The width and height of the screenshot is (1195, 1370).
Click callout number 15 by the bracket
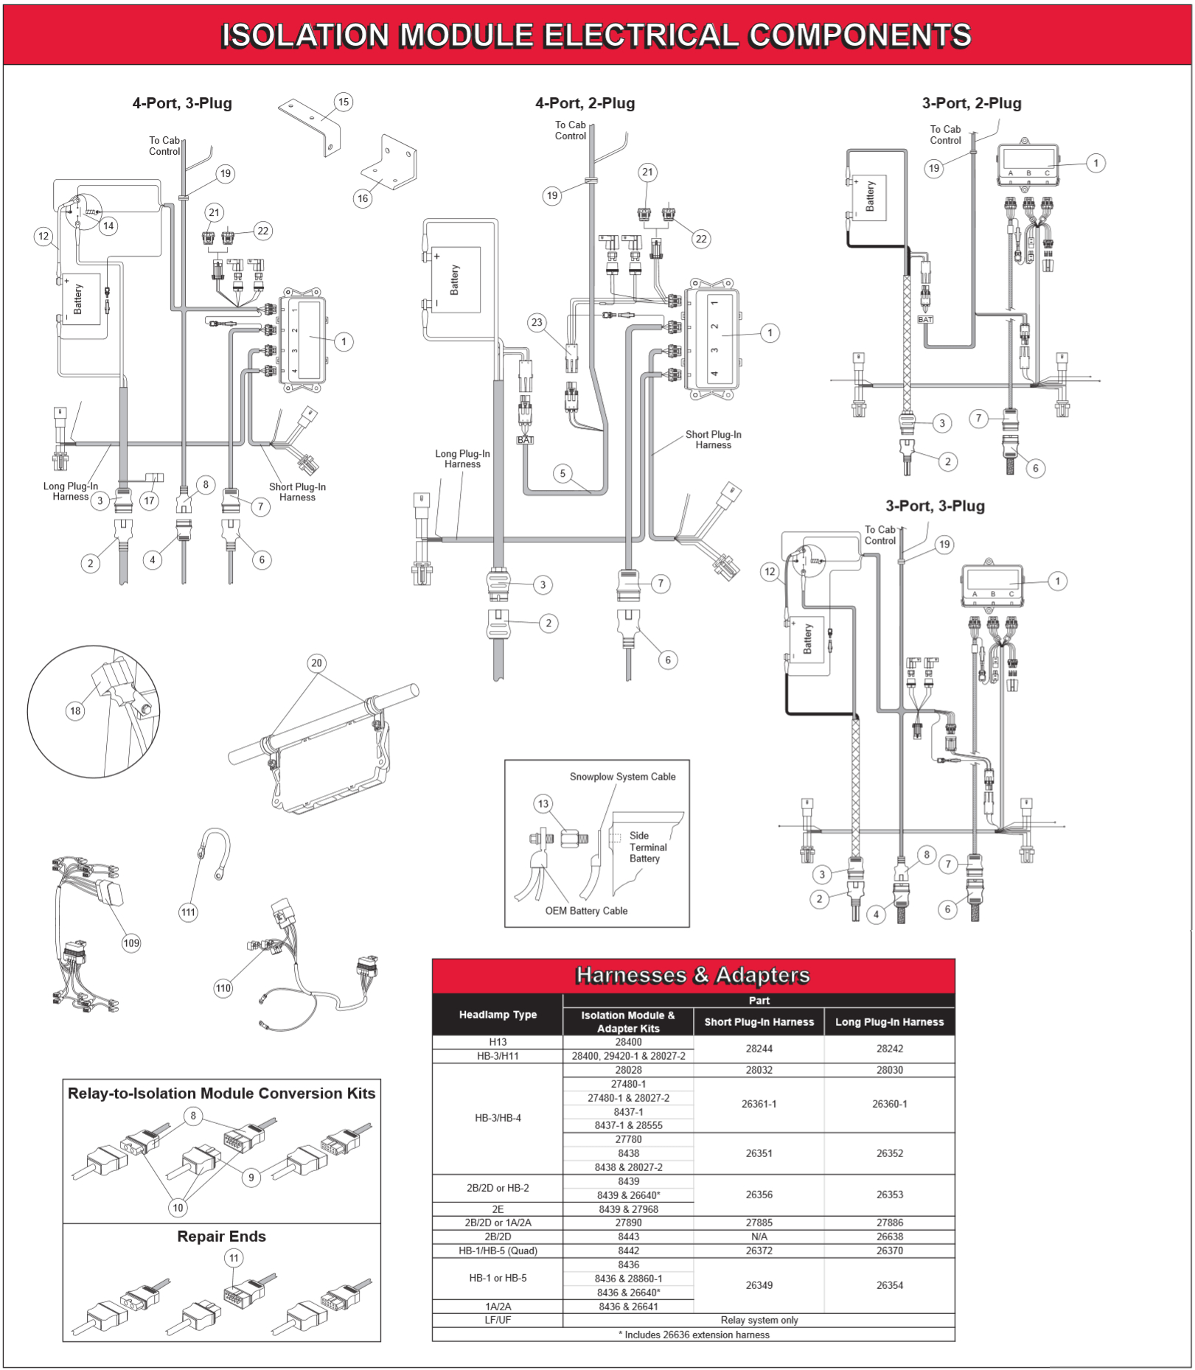pos(343,102)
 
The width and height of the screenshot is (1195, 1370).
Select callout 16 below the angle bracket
pos(362,198)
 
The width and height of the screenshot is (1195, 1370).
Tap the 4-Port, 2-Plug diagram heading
pos(585,103)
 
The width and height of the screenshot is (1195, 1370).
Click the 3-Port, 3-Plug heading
pos(934,506)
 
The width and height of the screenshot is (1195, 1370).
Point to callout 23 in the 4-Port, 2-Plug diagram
pos(537,322)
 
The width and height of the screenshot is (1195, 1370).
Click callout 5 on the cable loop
pos(562,473)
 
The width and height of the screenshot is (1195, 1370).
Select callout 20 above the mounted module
pos(316,663)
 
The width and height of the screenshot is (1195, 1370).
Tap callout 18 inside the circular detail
pos(74,710)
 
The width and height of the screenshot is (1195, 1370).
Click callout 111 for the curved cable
pos(188,912)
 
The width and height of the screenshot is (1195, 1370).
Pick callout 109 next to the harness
pos(131,943)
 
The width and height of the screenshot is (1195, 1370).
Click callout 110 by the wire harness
pos(223,988)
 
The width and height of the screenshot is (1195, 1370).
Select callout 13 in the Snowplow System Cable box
pos(543,803)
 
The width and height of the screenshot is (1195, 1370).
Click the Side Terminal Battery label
pos(644,847)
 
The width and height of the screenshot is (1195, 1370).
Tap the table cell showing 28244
pos(759,1048)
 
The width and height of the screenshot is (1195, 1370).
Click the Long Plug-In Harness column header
pos(889,1021)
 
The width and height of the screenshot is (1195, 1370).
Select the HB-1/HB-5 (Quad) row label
pos(498,1251)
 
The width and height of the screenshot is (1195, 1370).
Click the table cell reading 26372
pos(759,1251)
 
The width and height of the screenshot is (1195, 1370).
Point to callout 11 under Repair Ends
pos(234,1258)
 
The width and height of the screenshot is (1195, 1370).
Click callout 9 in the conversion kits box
pos(251,1177)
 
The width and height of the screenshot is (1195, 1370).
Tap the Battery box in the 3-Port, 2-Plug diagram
pos(870,198)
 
